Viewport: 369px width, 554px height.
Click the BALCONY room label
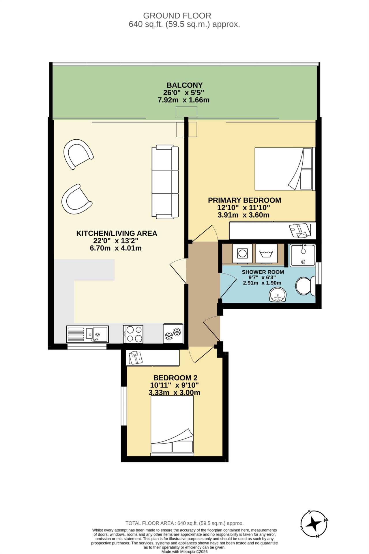click(185, 85)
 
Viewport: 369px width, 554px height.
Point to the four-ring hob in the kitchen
click(133, 334)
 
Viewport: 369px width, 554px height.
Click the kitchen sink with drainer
click(87, 334)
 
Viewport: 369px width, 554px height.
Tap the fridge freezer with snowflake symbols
click(173, 333)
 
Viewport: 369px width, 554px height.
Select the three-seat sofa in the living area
click(165, 182)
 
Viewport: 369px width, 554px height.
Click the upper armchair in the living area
click(78, 154)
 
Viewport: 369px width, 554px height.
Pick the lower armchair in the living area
click(76, 199)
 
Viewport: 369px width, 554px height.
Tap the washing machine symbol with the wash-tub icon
click(266, 254)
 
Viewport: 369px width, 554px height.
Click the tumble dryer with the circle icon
click(242, 254)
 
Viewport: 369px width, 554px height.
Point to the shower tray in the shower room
click(303, 255)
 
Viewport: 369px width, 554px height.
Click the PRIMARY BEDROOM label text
click(245, 200)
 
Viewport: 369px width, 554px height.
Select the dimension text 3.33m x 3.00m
click(174, 393)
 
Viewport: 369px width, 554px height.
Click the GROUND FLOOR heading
click(177, 16)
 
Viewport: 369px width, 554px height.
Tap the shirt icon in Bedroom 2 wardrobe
click(136, 358)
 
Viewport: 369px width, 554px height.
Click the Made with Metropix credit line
click(184, 552)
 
